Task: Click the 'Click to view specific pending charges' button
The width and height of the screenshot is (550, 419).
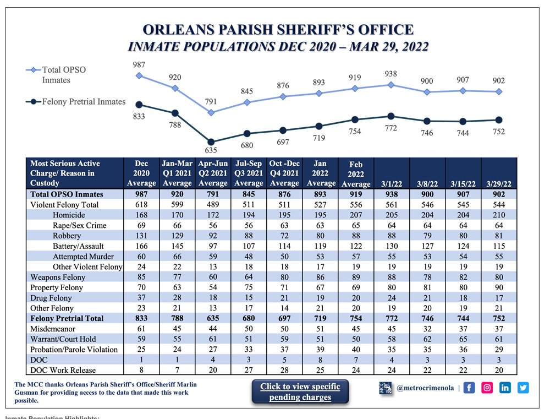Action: click(300, 391)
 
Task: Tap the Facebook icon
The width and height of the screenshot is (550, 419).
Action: click(469, 388)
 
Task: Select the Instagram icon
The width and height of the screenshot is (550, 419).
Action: click(487, 388)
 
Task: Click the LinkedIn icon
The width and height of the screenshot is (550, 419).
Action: click(505, 388)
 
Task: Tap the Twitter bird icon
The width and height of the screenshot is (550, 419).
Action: click(523, 388)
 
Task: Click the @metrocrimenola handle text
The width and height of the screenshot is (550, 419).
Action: click(425, 388)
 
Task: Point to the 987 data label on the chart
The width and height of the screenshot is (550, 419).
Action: click(139, 65)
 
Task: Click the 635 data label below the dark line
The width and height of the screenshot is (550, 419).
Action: click(211, 150)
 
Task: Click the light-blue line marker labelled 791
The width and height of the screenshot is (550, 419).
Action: click(211, 112)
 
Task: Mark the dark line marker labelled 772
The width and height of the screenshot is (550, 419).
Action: click(391, 116)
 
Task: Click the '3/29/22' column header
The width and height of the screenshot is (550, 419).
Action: click(499, 183)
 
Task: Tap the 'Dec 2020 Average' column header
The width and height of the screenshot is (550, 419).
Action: click(141, 173)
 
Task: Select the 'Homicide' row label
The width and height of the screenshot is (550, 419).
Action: click(69, 215)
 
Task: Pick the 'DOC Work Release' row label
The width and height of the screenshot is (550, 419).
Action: click(63, 371)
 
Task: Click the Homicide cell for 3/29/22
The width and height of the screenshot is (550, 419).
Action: click(499, 215)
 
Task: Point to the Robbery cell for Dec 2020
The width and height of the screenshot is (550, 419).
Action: click(141, 236)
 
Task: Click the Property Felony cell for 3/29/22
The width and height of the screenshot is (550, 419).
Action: click(499, 287)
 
